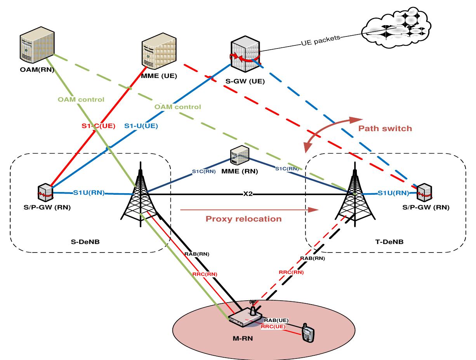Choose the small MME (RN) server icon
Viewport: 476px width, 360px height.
pyautogui.click(x=238, y=155)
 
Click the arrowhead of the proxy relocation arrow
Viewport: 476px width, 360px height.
pyautogui.click(x=315, y=210)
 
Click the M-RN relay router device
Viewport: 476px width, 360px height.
pyautogui.click(x=245, y=316)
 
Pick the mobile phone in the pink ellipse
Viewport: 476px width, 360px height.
pyautogui.click(x=308, y=334)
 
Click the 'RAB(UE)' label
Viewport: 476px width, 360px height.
pyautogui.click(x=276, y=320)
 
